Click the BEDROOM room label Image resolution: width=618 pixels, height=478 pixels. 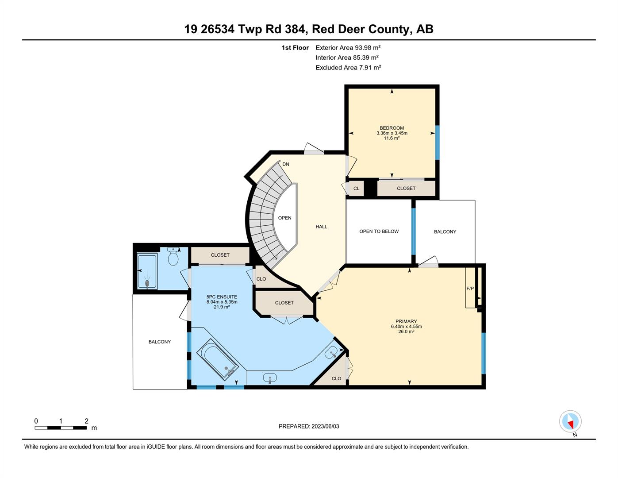tap(392, 128)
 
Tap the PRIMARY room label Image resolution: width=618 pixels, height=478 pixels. tap(406, 321)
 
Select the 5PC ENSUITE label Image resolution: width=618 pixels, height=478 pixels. tap(222, 297)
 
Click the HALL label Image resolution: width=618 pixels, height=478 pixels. tap(321, 227)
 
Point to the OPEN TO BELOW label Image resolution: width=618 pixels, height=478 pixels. tap(379, 231)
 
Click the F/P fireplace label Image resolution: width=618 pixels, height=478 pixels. tap(470, 289)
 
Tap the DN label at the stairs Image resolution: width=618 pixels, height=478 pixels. tap(286, 164)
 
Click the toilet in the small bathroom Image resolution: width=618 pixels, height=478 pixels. tap(173, 257)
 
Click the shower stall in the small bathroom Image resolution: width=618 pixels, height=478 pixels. tap(147, 271)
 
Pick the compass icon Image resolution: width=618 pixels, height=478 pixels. tap(570, 422)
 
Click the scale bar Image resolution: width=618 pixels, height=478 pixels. tap(61, 428)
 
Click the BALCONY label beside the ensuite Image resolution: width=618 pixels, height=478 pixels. tap(160, 342)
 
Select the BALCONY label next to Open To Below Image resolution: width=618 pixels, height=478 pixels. tap(445, 232)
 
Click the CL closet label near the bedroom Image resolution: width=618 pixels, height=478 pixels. tap(356, 189)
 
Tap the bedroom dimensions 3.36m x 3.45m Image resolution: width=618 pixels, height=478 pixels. tap(392, 133)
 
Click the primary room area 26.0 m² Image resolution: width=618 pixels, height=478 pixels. tap(406, 332)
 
